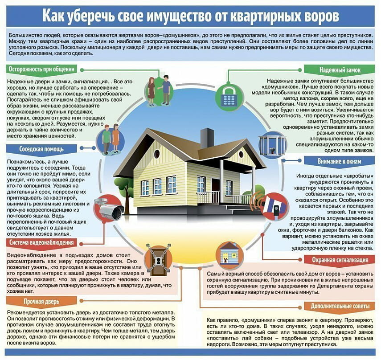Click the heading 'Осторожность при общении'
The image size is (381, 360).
pos(41,70)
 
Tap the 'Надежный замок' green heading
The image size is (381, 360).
pos(340,70)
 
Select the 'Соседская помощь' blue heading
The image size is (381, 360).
pos(41,149)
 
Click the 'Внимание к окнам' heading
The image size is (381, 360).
pos(339,161)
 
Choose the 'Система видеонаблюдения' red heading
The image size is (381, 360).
pos(41,242)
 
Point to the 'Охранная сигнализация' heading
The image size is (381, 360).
pos(340,260)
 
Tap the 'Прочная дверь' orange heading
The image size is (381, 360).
pos(41,302)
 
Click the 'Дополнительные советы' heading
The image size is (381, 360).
pos(340,306)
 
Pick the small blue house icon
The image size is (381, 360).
pos(229,254)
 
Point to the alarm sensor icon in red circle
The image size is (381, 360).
pos(271,206)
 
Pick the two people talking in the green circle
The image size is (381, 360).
pos(159,90)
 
